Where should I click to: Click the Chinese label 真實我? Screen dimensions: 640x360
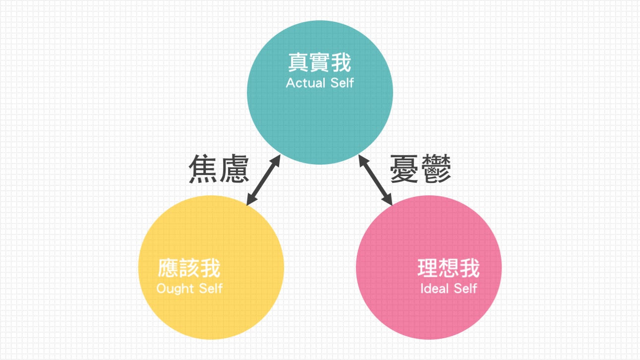click(320, 63)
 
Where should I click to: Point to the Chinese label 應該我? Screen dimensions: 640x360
click(189, 268)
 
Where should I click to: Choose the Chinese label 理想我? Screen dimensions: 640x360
click(449, 268)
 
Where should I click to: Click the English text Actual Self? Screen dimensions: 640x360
click(320, 83)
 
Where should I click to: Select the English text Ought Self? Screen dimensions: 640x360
click(189, 288)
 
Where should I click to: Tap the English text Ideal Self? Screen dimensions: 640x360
click(449, 288)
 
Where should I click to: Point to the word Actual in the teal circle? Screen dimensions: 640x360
click(304, 83)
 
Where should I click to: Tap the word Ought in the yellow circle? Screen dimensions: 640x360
click(173, 288)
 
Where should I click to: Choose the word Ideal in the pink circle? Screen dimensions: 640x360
click(434, 288)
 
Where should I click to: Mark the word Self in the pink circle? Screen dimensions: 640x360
click(465, 288)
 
